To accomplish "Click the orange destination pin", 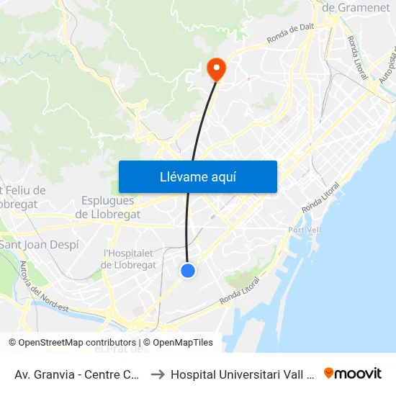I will (x=215, y=69).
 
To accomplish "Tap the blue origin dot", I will (x=188, y=270).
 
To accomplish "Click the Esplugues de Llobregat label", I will (x=107, y=207).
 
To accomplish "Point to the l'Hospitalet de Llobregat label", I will (x=130, y=259).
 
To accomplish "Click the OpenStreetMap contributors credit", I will (x=73, y=343).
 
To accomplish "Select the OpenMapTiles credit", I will (x=178, y=343).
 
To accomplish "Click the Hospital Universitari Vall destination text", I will (x=242, y=374).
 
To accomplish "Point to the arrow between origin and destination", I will (x=157, y=374).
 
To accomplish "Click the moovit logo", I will (x=352, y=373).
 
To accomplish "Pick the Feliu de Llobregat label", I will (x=25, y=197).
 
